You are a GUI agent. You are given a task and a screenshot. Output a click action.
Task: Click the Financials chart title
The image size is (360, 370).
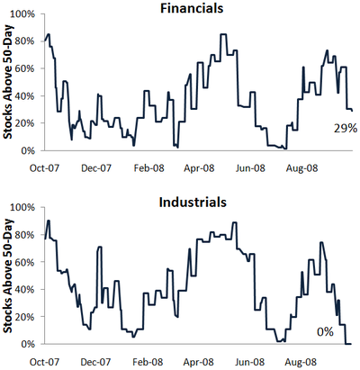pos(192,8)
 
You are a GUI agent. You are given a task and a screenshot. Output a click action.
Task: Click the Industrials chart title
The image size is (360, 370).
pos(193,203)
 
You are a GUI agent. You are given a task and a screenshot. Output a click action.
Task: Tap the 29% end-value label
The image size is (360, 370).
pos(346,129)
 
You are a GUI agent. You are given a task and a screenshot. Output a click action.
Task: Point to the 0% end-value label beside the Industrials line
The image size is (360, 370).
pos(325,332)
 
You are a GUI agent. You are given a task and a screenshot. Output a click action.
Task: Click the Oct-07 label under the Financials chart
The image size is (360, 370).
pos(44,168)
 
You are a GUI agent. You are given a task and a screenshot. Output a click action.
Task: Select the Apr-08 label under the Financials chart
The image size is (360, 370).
pos(199,168)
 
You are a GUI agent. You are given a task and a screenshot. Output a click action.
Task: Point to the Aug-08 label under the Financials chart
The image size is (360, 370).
pos(301,168)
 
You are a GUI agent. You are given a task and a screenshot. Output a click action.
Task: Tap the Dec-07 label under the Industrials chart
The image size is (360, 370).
pos(95,362)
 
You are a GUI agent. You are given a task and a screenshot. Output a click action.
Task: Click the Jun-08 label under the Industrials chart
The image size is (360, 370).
pos(250,362)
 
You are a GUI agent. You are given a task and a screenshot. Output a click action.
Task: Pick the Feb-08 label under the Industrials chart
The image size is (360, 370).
pos(148,362)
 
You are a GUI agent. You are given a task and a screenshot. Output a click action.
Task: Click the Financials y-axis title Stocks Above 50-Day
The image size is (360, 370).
pos(8,83)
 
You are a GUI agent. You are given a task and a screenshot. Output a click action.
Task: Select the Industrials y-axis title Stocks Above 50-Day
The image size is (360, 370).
pos(8,275)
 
